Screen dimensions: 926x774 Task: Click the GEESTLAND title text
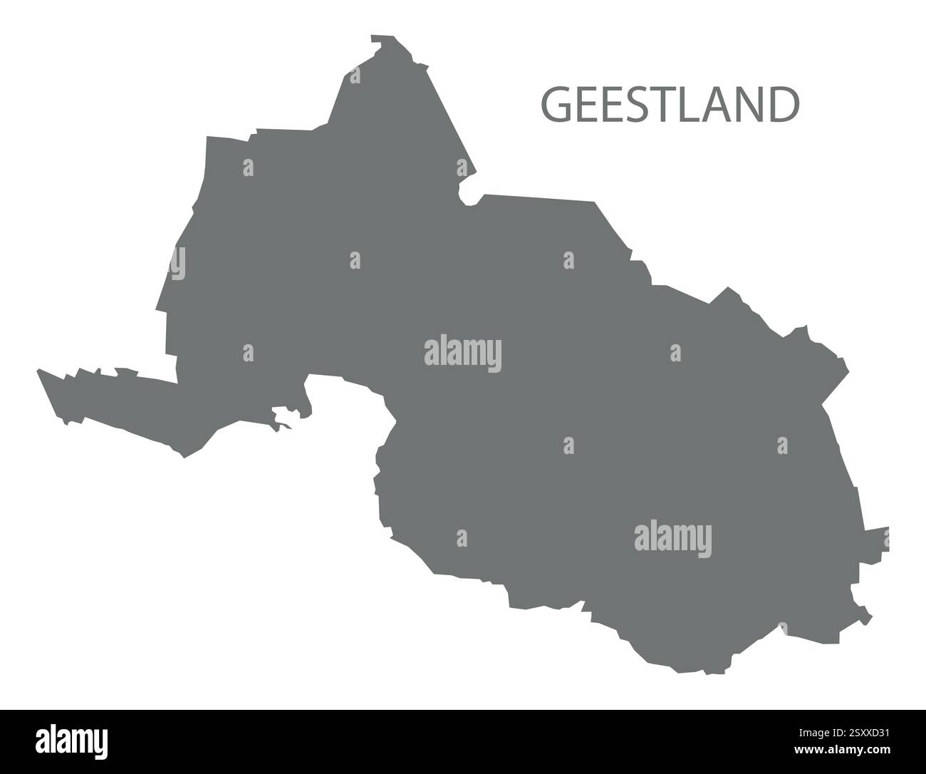[x=670, y=105]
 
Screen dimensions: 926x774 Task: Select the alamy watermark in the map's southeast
[x=672, y=539]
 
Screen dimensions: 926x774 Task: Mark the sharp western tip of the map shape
[x=39, y=371]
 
